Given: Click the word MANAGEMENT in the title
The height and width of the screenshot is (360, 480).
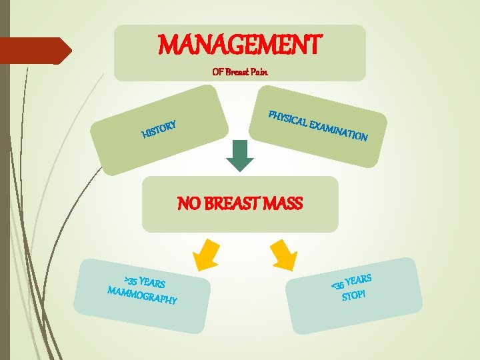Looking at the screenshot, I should (x=240, y=45).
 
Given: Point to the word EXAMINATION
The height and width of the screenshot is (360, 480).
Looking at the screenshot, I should (x=340, y=131).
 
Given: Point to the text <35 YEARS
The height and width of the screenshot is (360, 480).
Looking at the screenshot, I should (x=351, y=279).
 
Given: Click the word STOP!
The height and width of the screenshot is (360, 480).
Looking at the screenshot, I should (x=354, y=295).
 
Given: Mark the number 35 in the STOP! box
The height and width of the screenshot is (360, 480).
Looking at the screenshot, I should (x=340, y=283).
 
